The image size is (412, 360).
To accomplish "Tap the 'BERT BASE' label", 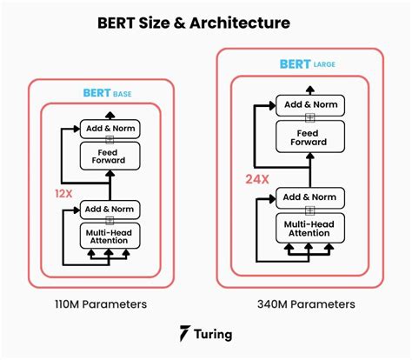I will [x=109, y=93].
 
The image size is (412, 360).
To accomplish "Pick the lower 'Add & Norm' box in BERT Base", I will [x=110, y=208].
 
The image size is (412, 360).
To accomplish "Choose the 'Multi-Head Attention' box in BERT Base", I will [x=110, y=235].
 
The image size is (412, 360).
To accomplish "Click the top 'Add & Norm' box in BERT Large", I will [x=309, y=103].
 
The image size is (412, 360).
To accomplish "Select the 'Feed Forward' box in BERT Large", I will [x=309, y=136].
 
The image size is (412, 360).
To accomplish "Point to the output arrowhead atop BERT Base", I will [x=110, y=115].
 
